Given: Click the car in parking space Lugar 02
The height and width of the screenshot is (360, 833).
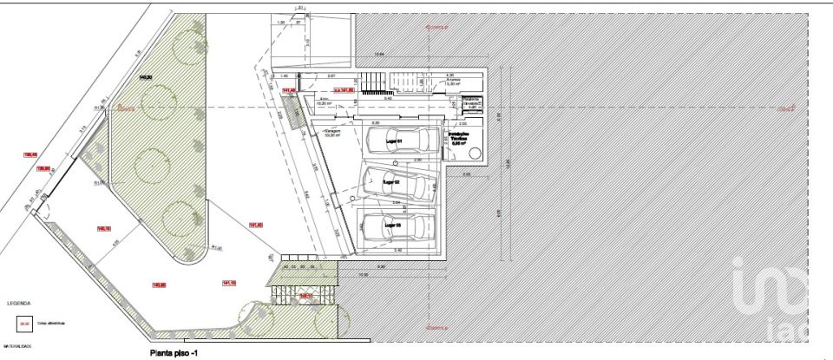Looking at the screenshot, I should coord(395,183).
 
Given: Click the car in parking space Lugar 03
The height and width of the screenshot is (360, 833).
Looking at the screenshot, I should coord(396,228).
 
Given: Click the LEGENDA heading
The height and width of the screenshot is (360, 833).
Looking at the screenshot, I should coord(19,304).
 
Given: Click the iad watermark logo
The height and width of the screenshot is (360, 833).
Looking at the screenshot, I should coord(777,299).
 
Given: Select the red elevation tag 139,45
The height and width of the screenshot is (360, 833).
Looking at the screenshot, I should coord(30,154).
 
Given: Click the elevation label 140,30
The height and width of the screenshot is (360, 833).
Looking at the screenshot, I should coord(146,78).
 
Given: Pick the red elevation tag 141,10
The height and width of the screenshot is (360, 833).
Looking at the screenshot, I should coord(230,283).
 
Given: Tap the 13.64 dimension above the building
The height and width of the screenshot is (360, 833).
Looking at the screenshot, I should coord(379,56).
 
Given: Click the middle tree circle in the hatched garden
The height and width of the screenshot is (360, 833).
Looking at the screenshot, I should coord(153,163).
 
